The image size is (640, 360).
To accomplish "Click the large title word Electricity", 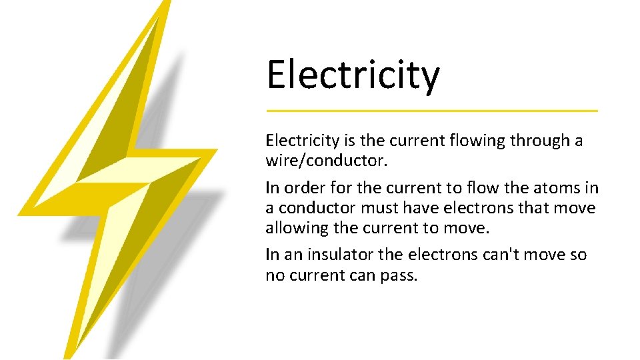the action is [x=353, y=75].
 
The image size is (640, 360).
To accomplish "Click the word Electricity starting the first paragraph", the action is [x=302, y=141].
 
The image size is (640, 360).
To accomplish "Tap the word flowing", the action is [x=473, y=141].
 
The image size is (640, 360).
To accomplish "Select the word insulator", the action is [x=330, y=255].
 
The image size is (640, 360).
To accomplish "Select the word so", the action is [x=578, y=255].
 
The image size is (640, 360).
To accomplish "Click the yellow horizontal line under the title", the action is [x=432, y=111].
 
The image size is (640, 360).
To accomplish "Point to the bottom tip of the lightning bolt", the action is [x=67, y=357].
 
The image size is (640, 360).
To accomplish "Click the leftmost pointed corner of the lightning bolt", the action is [x=19, y=214].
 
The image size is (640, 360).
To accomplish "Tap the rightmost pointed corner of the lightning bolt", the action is [x=217, y=150].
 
